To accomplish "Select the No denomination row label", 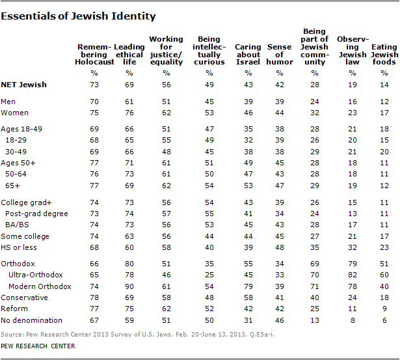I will pos(31,320).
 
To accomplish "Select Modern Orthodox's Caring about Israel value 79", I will pos(245,286).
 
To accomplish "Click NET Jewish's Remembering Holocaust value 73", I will pos(94,85).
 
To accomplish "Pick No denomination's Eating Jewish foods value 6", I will pos(384,320).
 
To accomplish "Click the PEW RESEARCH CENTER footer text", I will pos(38,346).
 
